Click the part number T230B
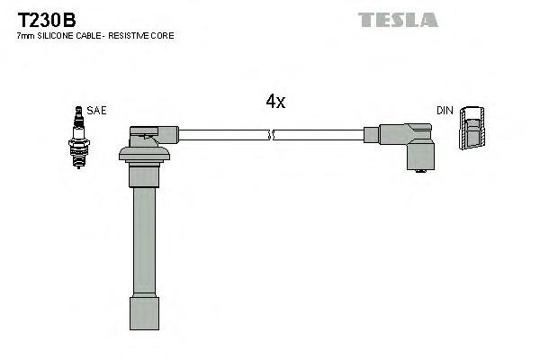pos(43,19)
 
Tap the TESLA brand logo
pos(398,19)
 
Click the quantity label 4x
pos(275,103)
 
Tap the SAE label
pos(97,111)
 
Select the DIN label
pos(445,111)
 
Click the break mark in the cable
pos(271,135)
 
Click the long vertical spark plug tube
pos(144,243)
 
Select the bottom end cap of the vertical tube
pos(144,315)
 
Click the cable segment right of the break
pos(319,135)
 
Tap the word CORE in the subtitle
pos(164,36)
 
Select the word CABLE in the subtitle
pos(90,36)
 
